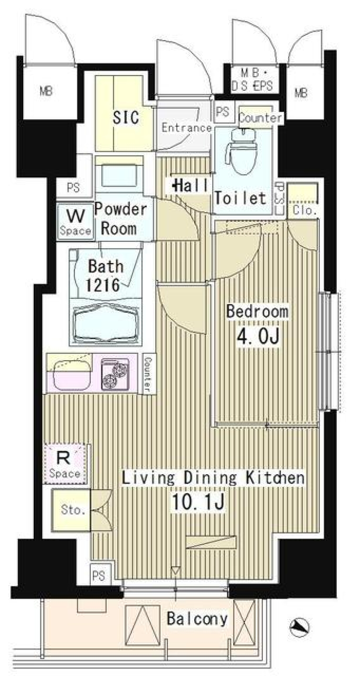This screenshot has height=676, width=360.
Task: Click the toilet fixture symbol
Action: [242, 150]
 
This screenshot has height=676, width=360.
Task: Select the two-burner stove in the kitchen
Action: [115, 373]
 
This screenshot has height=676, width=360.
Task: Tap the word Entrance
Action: [186, 128]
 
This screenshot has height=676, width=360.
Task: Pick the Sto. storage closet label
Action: [73, 510]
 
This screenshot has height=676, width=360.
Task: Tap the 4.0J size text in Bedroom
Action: [258, 336]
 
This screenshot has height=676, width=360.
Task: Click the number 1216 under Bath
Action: [102, 285]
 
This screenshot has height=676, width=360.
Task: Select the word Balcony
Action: [197, 619]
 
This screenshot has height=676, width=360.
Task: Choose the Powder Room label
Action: [120, 219]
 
